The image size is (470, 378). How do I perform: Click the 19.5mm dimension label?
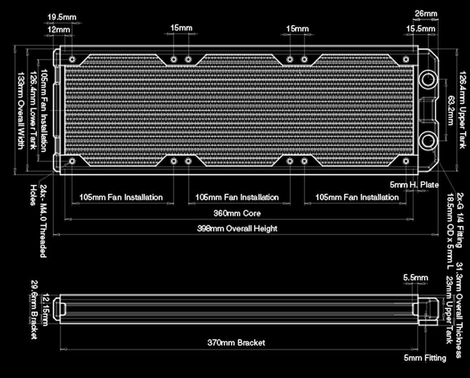61,18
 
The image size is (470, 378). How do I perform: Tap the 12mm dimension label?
58,29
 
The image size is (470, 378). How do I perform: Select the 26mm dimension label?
426,13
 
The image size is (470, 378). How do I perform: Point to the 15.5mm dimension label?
421,29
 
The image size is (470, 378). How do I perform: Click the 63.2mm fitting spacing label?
450,110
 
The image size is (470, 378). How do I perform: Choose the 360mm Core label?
238,213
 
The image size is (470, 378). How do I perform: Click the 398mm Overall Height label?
237,228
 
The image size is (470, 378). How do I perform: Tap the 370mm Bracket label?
236,342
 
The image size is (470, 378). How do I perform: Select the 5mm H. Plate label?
414,185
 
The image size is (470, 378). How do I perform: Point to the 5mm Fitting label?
425,358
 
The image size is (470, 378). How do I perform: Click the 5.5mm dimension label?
415,278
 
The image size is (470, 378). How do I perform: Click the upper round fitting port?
428,79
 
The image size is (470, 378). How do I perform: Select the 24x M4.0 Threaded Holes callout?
38,220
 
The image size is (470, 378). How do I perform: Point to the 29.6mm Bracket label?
34,310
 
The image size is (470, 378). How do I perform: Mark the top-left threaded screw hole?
72,59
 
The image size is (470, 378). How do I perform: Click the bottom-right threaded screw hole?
406,160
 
